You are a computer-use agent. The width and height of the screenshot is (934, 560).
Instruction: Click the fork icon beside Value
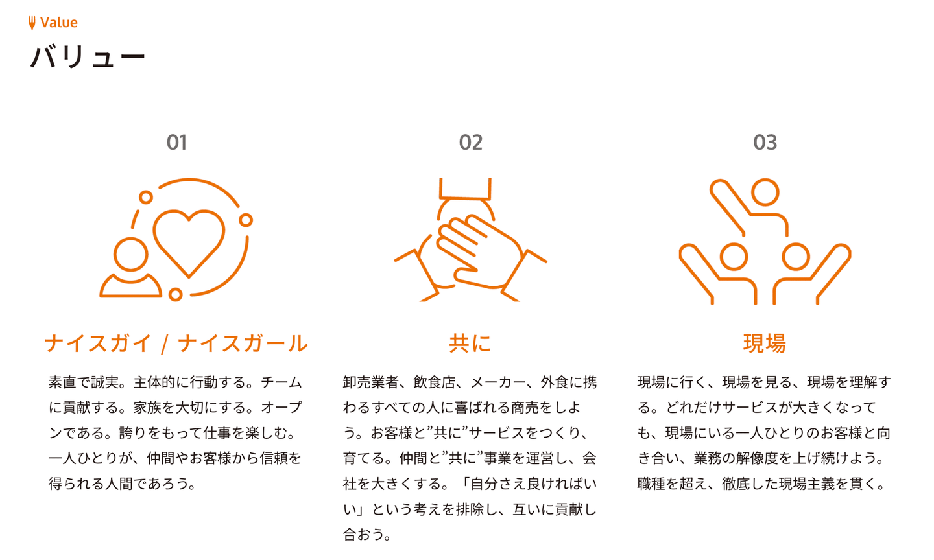pyautogui.click(x=32, y=23)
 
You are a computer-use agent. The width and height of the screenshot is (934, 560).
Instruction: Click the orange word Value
pyautogui.click(x=59, y=23)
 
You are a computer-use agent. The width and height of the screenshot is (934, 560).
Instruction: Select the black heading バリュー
pyautogui.click(x=88, y=57)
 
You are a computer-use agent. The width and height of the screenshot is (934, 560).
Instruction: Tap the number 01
pyautogui.click(x=177, y=143)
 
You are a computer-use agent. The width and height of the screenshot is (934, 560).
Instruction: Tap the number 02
pyautogui.click(x=471, y=143)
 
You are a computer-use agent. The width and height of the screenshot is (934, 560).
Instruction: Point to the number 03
pyautogui.click(x=765, y=143)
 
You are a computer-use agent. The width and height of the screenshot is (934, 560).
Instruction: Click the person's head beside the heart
pyautogui.click(x=131, y=255)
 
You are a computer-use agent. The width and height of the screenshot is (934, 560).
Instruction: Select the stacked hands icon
pyautogui.click(x=471, y=240)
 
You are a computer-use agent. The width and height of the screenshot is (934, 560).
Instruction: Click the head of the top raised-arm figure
pyautogui.click(x=765, y=192)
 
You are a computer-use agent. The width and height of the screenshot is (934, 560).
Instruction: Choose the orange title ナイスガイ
pyautogui.click(x=98, y=344)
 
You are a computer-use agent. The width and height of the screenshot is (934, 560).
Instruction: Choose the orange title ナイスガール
pyautogui.click(x=243, y=344)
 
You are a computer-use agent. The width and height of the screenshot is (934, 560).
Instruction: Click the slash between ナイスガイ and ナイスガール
pyautogui.click(x=165, y=344)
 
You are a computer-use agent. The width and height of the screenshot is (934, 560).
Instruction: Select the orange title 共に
pyautogui.click(x=470, y=344)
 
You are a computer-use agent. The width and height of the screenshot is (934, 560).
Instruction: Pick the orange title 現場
pyautogui.click(x=765, y=344)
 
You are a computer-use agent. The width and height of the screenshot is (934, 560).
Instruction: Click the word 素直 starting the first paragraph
pyautogui.click(x=62, y=382)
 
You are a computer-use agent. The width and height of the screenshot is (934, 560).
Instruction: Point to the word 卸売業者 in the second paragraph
pyautogui.click(x=371, y=382)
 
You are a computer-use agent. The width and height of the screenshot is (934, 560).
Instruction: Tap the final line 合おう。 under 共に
pyautogui.click(x=367, y=535)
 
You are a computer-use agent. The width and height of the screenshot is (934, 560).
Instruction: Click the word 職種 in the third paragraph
pyautogui.click(x=651, y=484)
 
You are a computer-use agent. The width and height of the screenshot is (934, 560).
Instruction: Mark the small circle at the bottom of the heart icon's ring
pyautogui.click(x=176, y=294)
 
